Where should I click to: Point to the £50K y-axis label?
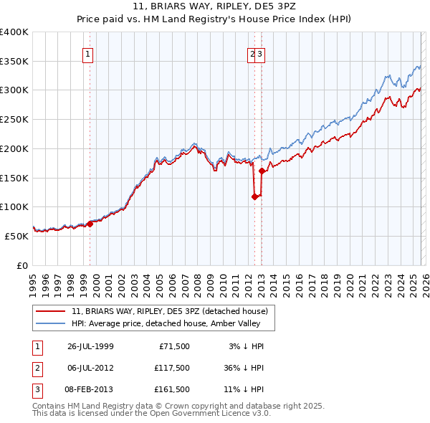click(x=16, y=235)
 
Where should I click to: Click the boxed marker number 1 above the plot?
click(x=87, y=53)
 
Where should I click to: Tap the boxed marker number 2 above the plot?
click(x=253, y=53)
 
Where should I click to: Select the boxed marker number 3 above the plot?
click(x=261, y=53)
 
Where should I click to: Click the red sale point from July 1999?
click(x=90, y=224)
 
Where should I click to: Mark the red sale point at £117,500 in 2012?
click(x=254, y=197)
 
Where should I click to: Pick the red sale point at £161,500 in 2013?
click(x=262, y=171)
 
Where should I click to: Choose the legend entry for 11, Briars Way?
click(x=169, y=311)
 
